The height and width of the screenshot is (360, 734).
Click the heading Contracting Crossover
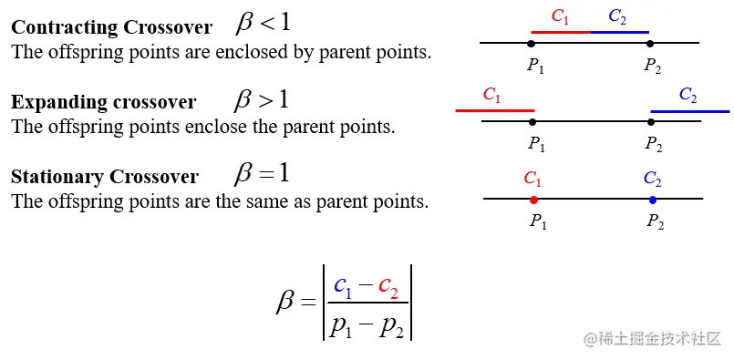(111, 27)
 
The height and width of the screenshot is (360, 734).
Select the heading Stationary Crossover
(104, 176)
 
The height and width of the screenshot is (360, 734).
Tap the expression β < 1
(263, 23)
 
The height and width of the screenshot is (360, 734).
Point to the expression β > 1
(263, 98)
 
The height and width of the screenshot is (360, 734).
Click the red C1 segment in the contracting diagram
(560, 32)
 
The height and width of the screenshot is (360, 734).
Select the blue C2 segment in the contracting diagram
(619, 32)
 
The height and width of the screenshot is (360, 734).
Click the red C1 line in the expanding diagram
(494, 110)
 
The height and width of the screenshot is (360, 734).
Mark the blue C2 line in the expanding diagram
(689, 110)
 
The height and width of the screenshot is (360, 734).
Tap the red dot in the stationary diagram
(533, 199)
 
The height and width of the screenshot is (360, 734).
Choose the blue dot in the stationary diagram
(652, 199)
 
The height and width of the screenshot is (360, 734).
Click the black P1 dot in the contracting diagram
(532, 43)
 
